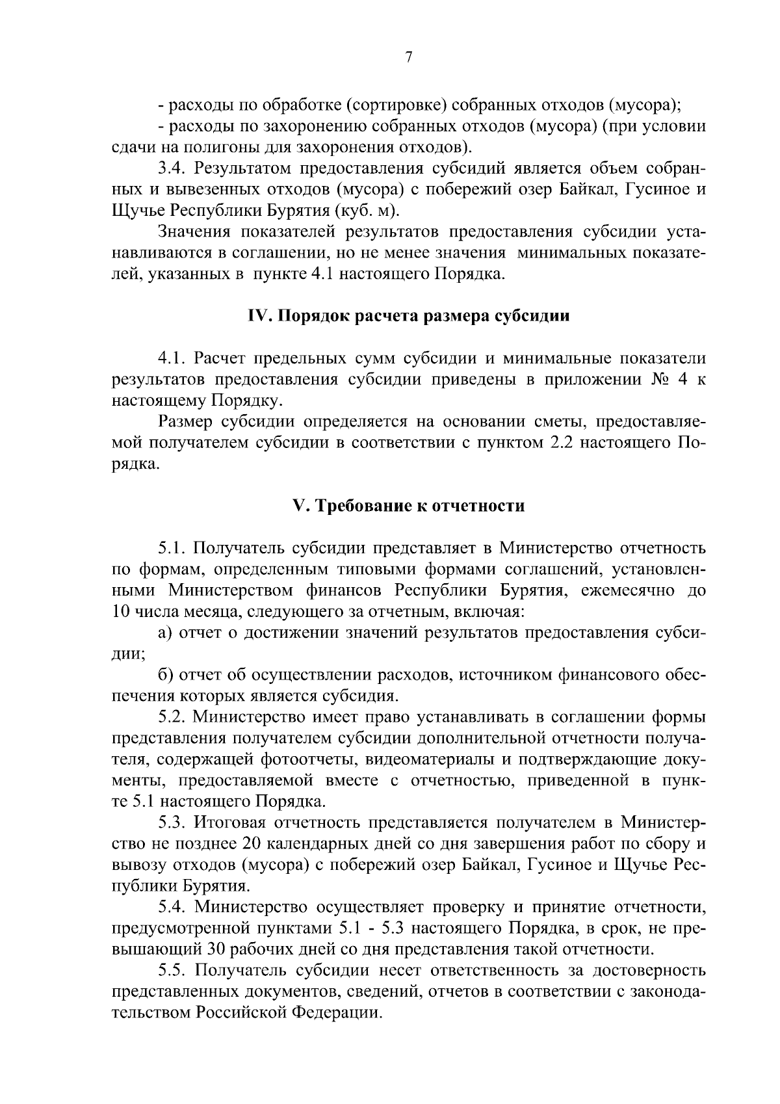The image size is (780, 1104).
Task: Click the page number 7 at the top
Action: [x=408, y=58]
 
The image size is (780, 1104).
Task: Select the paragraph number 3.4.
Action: [x=172, y=169]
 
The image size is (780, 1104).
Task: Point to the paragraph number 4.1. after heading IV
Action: [x=172, y=358]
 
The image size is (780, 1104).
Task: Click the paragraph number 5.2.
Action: [x=172, y=717]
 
